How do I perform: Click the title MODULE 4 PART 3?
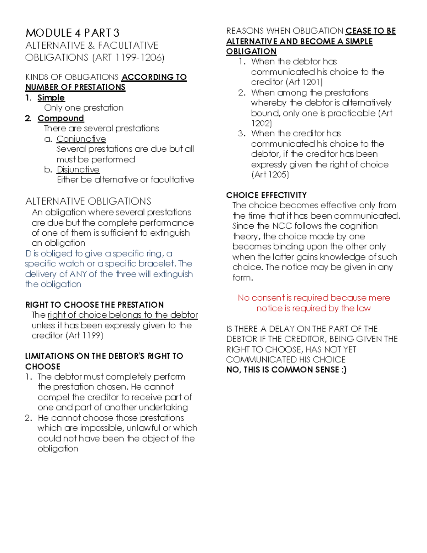(x=72, y=33)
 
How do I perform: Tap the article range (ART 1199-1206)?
(x=128, y=57)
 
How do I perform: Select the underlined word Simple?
(x=51, y=98)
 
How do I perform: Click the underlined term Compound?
(x=60, y=118)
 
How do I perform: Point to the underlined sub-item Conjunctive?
(x=81, y=139)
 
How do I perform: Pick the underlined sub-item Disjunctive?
(x=78, y=169)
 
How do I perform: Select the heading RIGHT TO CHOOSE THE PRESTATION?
(x=94, y=305)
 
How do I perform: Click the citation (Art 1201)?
(x=304, y=82)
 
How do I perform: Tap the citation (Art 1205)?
(x=270, y=174)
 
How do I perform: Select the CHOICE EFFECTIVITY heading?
(x=266, y=195)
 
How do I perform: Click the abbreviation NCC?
(x=282, y=226)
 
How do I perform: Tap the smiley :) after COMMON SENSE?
(x=344, y=370)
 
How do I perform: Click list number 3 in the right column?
(x=242, y=134)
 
